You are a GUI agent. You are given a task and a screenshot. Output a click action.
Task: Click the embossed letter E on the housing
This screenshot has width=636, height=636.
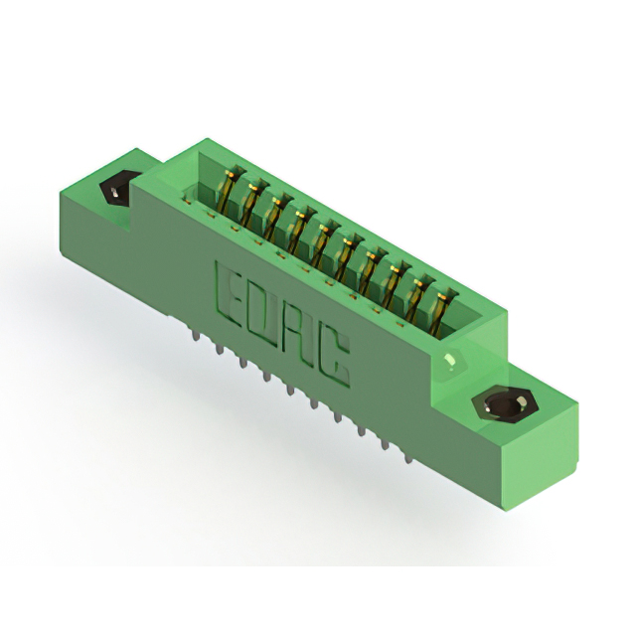tap(229, 295)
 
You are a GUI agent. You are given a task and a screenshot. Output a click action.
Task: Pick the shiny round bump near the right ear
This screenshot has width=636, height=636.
tap(450, 360)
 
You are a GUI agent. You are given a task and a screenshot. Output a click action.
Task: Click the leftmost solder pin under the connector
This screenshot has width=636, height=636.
tap(197, 334)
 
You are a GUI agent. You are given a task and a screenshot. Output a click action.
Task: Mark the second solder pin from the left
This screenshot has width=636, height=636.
tap(220, 348)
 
